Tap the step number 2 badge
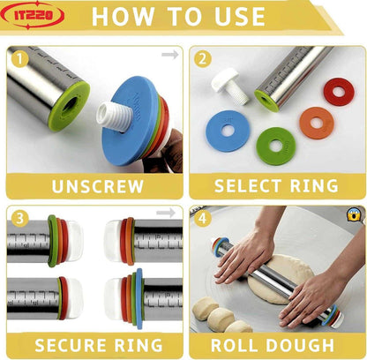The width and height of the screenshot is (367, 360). pos(203,59)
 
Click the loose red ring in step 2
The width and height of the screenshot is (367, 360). pos(334,91)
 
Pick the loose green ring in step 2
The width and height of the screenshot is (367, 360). pos(275,143)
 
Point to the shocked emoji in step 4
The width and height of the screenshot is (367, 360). pos(353,214)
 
